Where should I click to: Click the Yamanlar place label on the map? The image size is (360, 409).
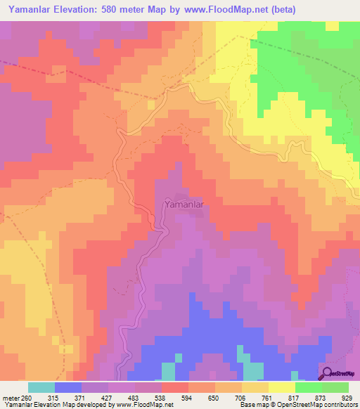(x=184, y=204)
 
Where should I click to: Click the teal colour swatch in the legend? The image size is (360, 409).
(x=41, y=387)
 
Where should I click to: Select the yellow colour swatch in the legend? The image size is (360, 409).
(x=281, y=387)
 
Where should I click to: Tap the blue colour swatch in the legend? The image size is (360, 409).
(x=68, y=387)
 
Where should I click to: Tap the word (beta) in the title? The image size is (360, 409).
(x=280, y=9)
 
